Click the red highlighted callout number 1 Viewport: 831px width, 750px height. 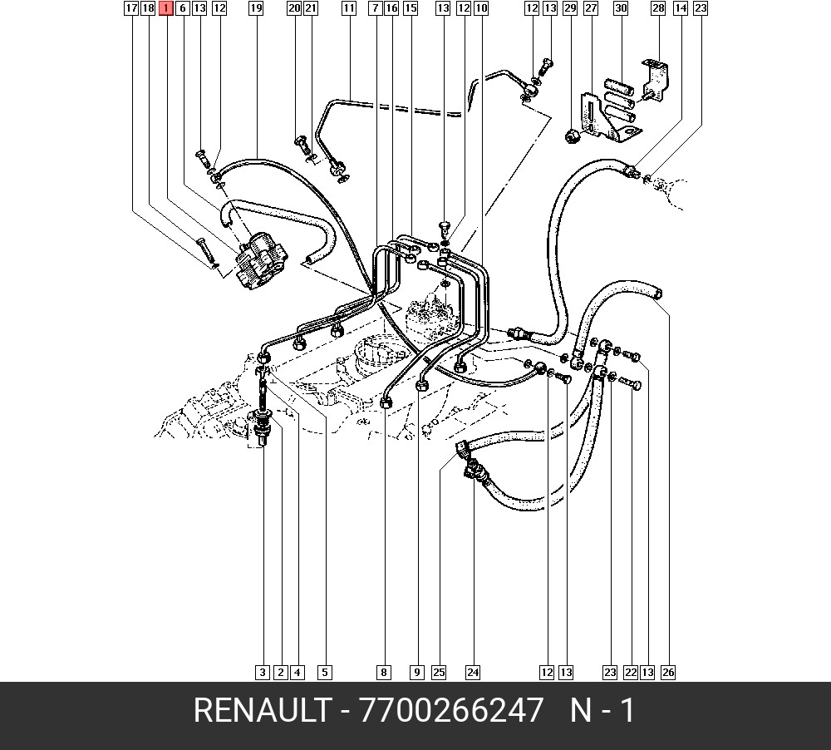click(x=166, y=8)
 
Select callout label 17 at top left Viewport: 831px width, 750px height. click(x=131, y=8)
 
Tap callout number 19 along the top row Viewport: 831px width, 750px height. click(x=256, y=8)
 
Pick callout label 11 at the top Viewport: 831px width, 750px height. click(x=349, y=8)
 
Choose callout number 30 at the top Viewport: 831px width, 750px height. click(x=621, y=8)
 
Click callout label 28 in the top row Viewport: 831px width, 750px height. click(x=658, y=8)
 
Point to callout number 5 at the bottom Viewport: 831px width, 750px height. click(x=325, y=673)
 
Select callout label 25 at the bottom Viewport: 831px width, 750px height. click(x=439, y=673)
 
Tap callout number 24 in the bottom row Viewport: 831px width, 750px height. click(x=473, y=673)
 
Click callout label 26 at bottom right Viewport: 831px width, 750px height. click(x=668, y=673)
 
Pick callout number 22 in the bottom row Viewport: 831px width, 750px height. click(x=631, y=673)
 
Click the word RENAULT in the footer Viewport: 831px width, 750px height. click(x=262, y=710)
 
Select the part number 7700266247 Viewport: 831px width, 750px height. click(x=451, y=710)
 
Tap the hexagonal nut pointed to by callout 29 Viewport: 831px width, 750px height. click(x=572, y=137)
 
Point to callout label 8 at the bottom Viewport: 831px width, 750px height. click(x=384, y=673)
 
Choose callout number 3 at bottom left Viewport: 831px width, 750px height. click(x=263, y=673)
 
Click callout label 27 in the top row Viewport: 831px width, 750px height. click(x=590, y=8)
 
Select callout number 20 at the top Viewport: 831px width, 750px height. click(x=294, y=8)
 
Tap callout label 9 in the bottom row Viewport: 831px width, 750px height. click(x=417, y=673)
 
